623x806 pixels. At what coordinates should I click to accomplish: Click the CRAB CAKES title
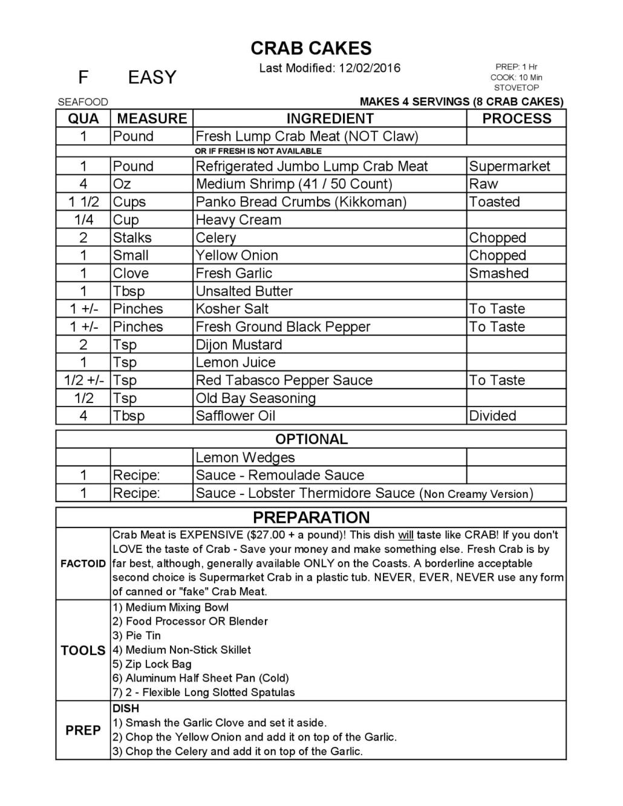[311, 48]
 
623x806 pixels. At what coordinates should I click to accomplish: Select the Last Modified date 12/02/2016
[369, 68]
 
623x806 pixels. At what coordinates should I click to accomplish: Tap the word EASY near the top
[152, 78]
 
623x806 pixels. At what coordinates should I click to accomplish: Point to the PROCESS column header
[517, 118]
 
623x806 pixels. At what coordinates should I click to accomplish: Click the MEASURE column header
[152, 118]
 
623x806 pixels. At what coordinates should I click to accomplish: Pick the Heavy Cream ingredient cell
[238, 220]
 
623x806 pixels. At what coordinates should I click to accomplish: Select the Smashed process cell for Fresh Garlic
[498, 273]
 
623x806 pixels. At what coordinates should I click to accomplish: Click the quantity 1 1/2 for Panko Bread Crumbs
[83, 202]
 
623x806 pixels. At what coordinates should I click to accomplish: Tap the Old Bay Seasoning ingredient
[255, 398]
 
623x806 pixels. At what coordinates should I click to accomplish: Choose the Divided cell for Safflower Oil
[492, 416]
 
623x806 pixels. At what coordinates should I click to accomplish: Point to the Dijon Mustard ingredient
[238, 345]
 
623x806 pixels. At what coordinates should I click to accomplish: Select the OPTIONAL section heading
[311, 439]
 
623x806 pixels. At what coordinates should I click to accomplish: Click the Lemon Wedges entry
[245, 457]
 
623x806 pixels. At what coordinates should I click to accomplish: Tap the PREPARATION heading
[311, 518]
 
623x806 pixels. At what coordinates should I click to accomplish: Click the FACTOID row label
[83, 564]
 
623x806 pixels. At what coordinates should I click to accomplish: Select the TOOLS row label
[83, 651]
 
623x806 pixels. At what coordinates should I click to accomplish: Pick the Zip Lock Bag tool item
[158, 664]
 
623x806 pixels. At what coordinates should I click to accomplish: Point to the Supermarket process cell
[509, 166]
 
